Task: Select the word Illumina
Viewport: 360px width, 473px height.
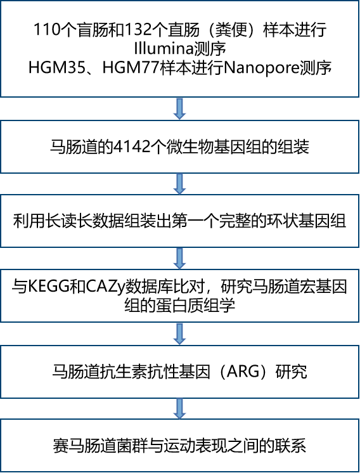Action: [164, 49]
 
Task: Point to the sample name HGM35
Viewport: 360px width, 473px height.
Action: [57, 68]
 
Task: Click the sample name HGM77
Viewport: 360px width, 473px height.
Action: [131, 68]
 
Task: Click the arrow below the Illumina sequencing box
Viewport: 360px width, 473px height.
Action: [180, 108]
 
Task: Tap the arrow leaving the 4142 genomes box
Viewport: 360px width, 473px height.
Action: [180, 184]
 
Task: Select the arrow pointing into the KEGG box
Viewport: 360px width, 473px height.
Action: [180, 258]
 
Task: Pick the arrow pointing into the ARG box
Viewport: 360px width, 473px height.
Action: [180, 334]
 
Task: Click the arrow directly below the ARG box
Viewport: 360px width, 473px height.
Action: [180, 408]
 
